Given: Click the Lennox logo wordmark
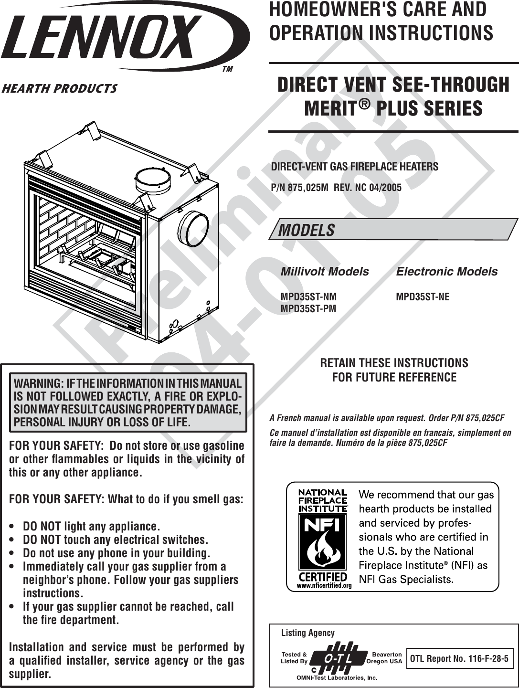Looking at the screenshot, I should (x=103, y=37).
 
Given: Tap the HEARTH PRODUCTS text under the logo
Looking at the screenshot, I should (x=60, y=89).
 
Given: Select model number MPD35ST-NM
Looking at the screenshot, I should (x=308, y=297).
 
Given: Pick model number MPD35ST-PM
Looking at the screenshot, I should (x=308, y=309).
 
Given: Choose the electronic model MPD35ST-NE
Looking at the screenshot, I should (x=423, y=297).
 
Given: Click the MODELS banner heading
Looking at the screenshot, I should (x=307, y=230).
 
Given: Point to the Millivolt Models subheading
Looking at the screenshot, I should (x=325, y=272).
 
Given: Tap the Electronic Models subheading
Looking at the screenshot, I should (x=446, y=272).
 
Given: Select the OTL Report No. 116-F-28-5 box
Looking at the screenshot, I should (x=459, y=659).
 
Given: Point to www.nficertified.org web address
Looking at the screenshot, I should (x=324, y=586).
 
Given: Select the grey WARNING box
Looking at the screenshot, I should (x=128, y=403).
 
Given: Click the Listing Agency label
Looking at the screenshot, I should (x=308, y=633).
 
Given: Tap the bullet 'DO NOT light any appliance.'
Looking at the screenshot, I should (x=91, y=527).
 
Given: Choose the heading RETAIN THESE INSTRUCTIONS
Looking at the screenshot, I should (x=394, y=363).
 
